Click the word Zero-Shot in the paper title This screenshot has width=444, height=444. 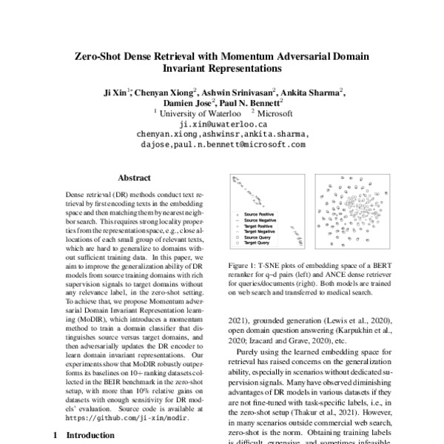(x=101, y=57)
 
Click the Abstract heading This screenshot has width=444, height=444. (x=134, y=178)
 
